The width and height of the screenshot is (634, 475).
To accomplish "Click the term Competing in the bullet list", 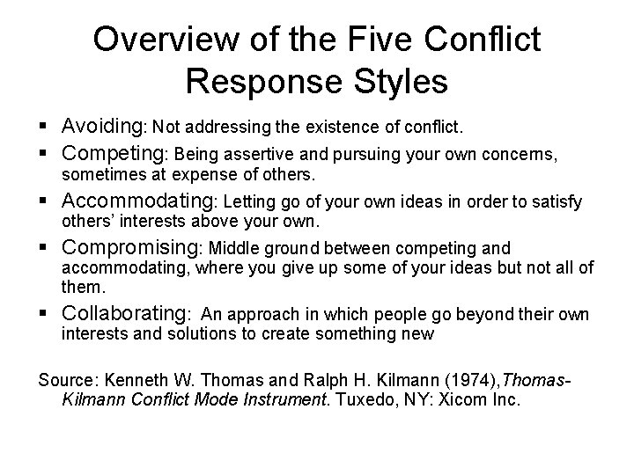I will click(119, 154).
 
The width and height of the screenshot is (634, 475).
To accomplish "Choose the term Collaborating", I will click(131, 313).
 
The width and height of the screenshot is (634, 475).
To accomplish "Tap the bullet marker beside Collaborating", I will click(44, 314).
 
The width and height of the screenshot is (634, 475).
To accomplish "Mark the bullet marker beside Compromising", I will click(44, 250).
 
